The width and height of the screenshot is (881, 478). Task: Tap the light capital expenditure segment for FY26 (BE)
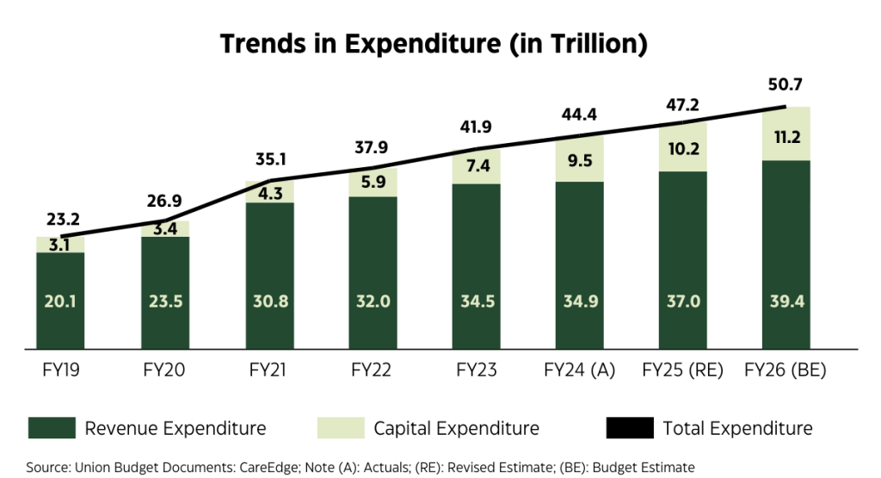point(786,133)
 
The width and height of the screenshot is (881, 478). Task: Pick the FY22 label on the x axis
point(373,372)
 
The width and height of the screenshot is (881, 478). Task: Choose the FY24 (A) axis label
point(579,372)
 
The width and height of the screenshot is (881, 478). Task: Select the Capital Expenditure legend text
point(457,428)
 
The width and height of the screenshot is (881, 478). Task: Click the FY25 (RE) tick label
point(682,372)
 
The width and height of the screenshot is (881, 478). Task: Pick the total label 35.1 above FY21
point(269,158)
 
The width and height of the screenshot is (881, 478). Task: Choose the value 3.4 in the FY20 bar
point(165,229)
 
